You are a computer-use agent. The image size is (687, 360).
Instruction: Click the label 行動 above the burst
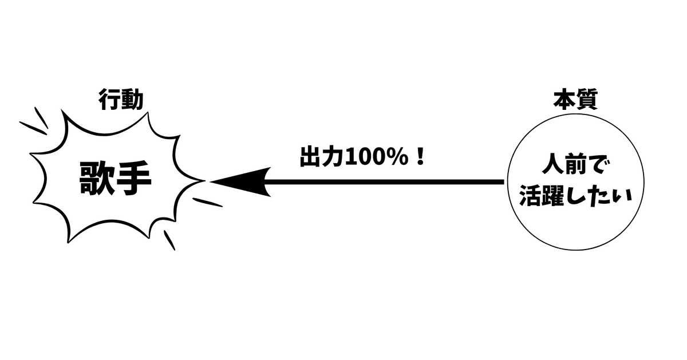tap(121, 101)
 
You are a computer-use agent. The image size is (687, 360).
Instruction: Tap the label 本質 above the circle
tap(575, 100)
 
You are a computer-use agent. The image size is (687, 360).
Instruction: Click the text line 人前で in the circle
tap(575, 169)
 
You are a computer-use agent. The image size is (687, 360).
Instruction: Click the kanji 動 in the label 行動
tap(132, 101)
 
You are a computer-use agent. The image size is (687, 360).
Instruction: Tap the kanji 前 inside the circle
tap(575, 169)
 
